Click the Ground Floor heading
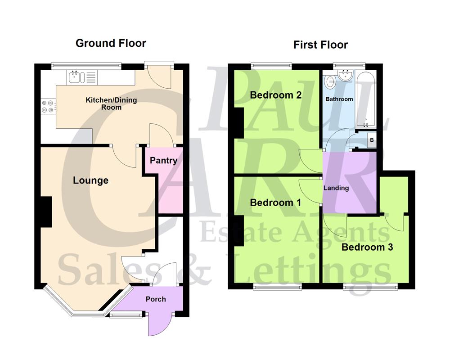[111, 43]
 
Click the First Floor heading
[320, 45]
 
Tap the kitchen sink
[75, 77]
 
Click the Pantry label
[163, 161]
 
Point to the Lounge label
[91, 180]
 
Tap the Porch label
[156, 299]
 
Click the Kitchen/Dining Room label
[111, 103]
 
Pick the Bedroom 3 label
[367, 247]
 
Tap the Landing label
[336, 188]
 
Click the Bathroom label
[339, 99]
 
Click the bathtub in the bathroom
[365, 101]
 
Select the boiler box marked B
[371, 140]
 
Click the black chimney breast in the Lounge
[45, 211]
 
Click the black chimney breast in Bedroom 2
[238, 123]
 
